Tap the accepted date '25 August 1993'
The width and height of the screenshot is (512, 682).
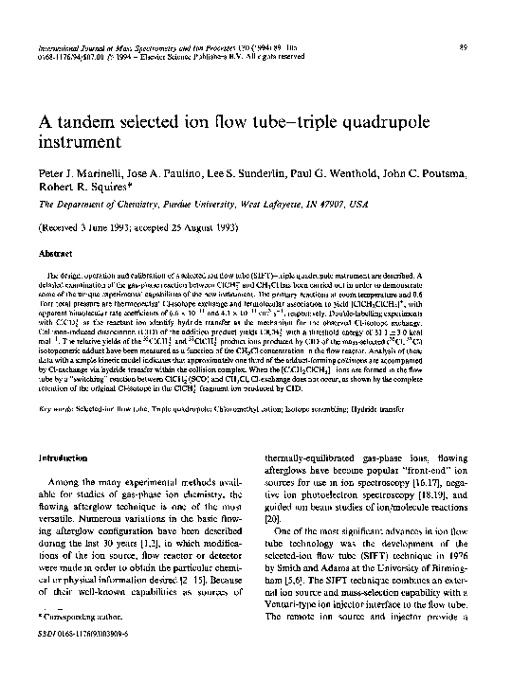[x=200, y=228]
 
